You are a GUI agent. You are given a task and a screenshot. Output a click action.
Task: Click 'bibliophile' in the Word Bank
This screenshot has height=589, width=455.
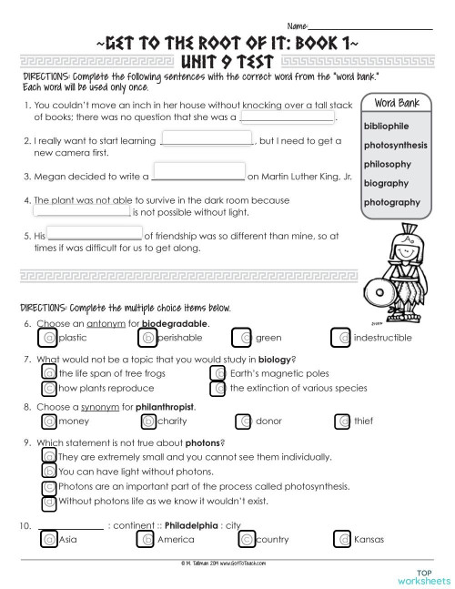click(x=386, y=126)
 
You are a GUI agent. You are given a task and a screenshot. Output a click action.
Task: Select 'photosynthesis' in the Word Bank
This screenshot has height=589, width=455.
click(x=396, y=145)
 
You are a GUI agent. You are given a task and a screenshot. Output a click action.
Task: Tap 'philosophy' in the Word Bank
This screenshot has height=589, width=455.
click(x=387, y=164)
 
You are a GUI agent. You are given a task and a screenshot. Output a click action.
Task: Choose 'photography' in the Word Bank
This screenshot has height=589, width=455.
click(x=391, y=202)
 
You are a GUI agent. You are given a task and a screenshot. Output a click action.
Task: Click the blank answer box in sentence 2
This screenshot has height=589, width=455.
click(x=206, y=140)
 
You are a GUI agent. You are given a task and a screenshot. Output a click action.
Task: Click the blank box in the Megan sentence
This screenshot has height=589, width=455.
click(x=198, y=170)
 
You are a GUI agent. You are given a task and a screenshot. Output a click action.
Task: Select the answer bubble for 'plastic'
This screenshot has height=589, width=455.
click(x=49, y=338)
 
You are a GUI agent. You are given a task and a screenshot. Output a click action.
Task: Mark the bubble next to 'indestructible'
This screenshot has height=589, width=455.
click(x=344, y=338)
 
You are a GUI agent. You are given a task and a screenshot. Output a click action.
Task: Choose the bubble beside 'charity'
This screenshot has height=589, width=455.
click(x=148, y=421)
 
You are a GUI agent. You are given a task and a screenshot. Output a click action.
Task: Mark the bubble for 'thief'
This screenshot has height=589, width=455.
click(x=342, y=421)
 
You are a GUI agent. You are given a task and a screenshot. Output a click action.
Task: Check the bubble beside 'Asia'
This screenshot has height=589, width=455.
click(x=49, y=539)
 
